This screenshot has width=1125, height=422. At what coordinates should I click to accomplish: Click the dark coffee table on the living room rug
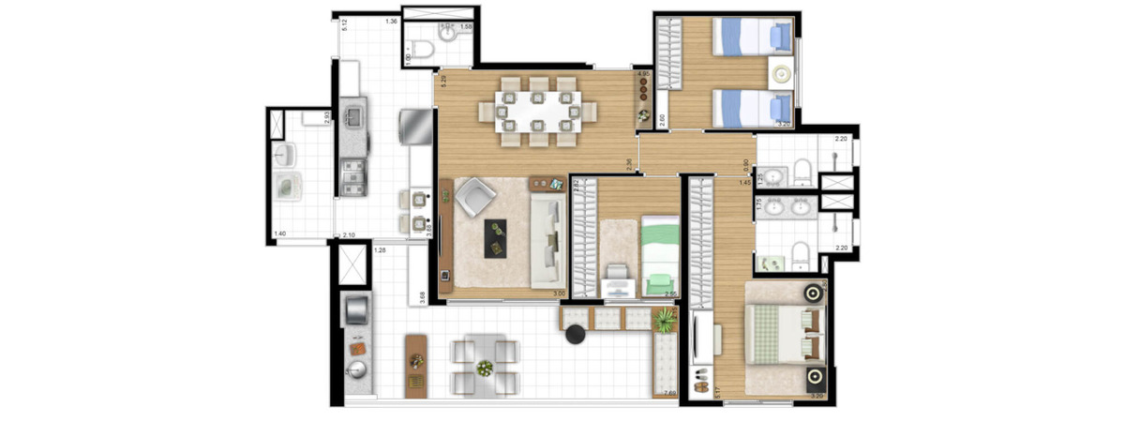[x=494, y=237]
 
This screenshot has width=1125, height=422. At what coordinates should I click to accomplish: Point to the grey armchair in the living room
[x=476, y=199]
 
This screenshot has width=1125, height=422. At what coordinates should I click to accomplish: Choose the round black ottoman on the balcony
[x=576, y=335]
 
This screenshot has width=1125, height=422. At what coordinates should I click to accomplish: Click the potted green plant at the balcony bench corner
[x=665, y=322]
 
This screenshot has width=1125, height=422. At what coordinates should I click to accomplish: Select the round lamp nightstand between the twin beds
[x=781, y=72]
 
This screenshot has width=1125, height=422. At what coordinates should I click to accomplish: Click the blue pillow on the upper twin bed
[x=779, y=37]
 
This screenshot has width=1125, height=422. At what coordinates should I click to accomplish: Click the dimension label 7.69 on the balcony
[x=669, y=394]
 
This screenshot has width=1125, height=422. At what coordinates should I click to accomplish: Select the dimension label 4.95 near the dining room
[x=643, y=73]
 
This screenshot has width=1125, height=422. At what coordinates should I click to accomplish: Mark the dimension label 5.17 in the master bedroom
[x=693, y=383]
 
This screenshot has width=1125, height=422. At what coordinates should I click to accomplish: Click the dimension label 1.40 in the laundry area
[x=279, y=234]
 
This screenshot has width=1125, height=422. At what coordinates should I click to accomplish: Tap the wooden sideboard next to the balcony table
[x=415, y=367]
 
